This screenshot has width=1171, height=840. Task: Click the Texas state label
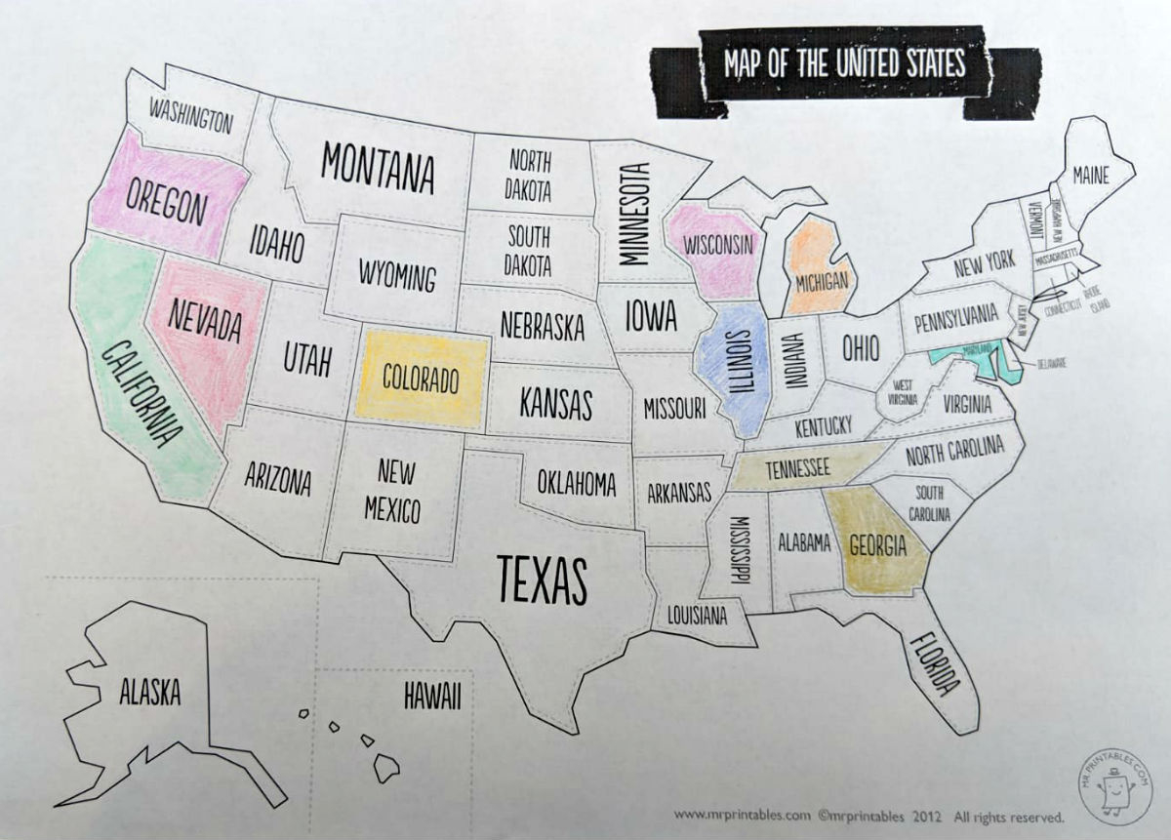pyautogui.click(x=543, y=579)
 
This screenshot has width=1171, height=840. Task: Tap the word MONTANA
pyautogui.click(x=377, y=167)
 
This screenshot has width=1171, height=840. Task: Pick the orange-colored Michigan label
pyautogui.click(x=822, y=280)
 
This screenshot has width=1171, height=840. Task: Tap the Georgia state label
pyautogui.click(x=878, y=545)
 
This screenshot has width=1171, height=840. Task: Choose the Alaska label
pyautogui.click(x=149, y=694)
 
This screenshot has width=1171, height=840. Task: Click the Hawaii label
pyautogui.click(x=430, y=696)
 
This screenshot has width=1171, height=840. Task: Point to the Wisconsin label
pyautogui.click(x=717, y=242)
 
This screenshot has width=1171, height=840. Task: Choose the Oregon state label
pyautogui.click(x=166, y=202)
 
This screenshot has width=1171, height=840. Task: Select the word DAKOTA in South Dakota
pyautogui.click(x=528, y=264)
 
